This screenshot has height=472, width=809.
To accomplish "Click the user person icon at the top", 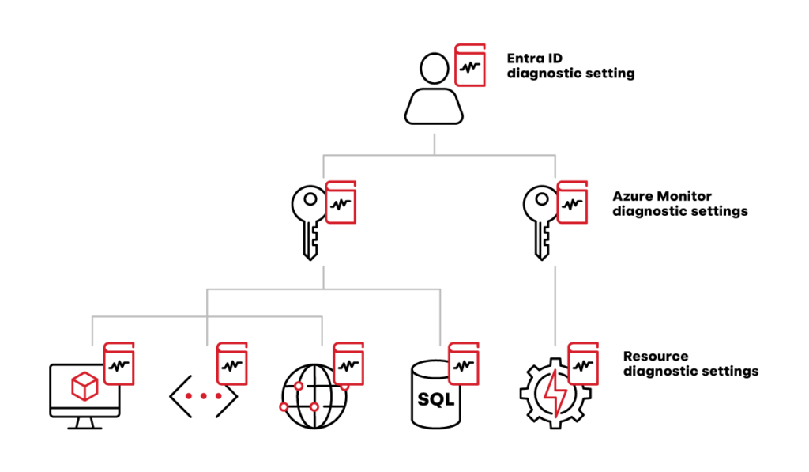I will (433, 89).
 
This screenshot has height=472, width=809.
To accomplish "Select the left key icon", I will (309, 222).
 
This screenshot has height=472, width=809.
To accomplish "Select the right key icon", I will (540, 222).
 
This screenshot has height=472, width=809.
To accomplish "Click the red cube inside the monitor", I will (84, 387).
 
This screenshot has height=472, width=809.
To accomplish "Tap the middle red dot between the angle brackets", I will (204, 395).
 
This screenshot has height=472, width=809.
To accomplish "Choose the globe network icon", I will (314, 395).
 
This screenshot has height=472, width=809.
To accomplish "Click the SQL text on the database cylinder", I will (435, 400).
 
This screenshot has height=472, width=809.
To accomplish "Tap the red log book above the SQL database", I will (465, 364).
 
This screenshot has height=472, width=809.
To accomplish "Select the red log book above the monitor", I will (119, 364).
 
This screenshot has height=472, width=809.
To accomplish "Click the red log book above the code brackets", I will (232, 364).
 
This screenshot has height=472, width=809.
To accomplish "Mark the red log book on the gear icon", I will (583, 364).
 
